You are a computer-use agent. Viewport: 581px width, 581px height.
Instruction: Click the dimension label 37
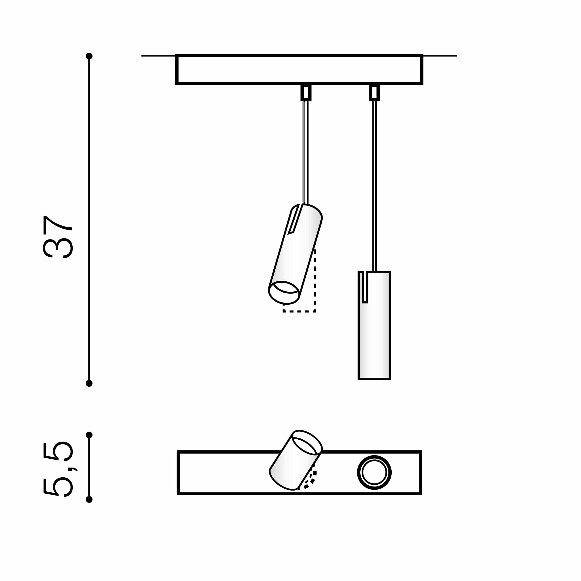coord(58,237)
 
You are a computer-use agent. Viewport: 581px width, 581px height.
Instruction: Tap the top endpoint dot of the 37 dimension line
coord(89,56)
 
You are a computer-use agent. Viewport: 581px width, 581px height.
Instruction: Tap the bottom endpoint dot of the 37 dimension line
coord(89,383)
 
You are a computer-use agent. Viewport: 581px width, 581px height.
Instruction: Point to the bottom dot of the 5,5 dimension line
coord(89,500)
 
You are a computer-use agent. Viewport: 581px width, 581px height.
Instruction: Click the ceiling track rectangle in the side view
coord(299,69)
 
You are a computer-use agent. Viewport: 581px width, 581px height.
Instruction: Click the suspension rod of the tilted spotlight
coord(305,150)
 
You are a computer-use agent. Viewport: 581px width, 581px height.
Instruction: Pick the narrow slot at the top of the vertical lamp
coord(365,287)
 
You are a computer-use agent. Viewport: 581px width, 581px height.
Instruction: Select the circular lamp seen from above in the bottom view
coord(374,472)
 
